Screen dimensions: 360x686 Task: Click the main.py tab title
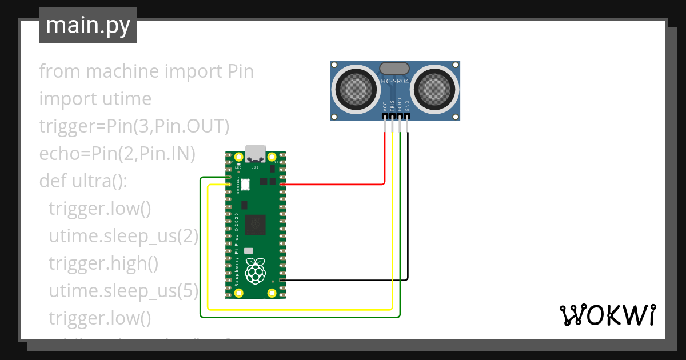(x=87, y=25)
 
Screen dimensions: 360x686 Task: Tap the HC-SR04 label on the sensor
(x=395, y=82)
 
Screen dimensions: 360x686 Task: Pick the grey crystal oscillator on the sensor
(x=395, y=68)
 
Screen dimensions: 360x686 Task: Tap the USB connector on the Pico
(x=255, y=154)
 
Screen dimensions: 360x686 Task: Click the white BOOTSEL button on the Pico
(x=245, y=184)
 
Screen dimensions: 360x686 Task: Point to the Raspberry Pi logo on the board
(x=255, y=271)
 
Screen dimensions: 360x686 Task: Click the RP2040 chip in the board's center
(x=255, y=225)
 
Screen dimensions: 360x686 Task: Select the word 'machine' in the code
(x=122, y=72)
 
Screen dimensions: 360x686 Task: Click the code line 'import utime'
(x=95, y=99)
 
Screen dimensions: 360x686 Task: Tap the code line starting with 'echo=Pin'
(x=117, y=154)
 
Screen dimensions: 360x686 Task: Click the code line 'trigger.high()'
(x=103, y=263)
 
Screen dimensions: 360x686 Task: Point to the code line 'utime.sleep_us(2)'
(x=123, y=236)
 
